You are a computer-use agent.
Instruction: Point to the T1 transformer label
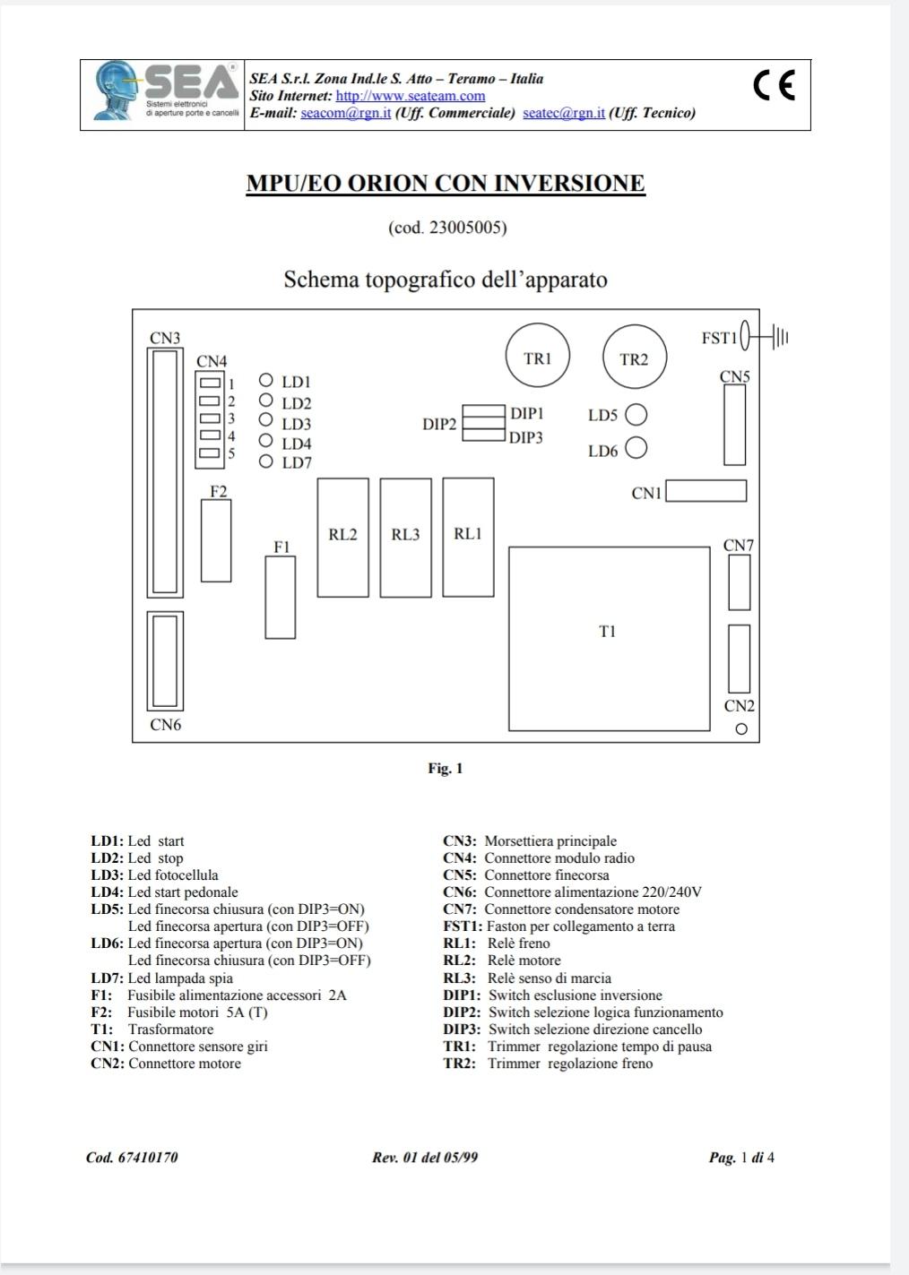click(x=607, y=632)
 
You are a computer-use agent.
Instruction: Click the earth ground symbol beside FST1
click(x=780, y=338)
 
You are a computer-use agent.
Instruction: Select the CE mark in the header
click(x=774, y=85)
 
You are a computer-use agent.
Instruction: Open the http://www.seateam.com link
click(x=410, y=96)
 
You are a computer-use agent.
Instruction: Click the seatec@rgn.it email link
click(x=563, y=113)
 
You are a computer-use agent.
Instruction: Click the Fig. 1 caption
click(x=446, y=769)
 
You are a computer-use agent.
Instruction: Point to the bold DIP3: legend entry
click(x=462, y=1029)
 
